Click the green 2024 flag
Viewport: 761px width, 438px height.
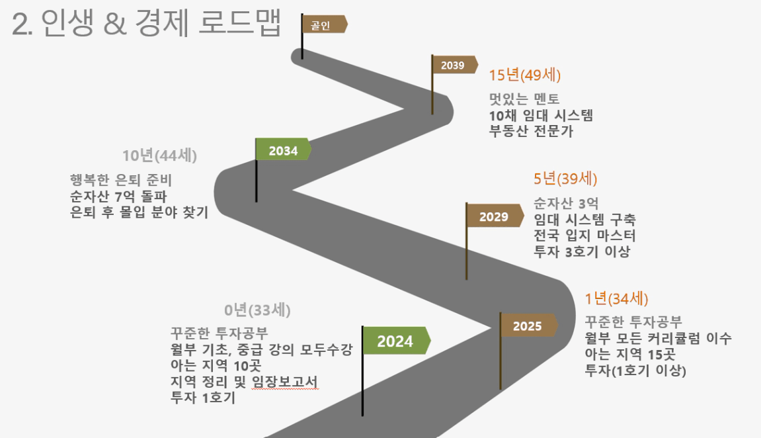click(395, 340)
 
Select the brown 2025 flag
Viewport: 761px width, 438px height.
click(528, 326)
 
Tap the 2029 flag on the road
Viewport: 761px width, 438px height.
click(494, 216)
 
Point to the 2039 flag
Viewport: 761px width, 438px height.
click(454, 65)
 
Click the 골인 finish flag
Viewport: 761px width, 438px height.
click(324, 24)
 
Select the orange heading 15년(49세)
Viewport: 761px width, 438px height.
click(525, 75)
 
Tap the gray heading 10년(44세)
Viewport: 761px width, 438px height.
click(160, 155)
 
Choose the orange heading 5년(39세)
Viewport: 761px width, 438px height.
click(565, 179)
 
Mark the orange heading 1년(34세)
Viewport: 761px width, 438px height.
click(616, 298)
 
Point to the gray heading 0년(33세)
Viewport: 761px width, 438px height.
click(257, 310)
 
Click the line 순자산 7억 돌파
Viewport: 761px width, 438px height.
click(118, 197)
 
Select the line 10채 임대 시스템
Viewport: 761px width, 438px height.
click(541, 116)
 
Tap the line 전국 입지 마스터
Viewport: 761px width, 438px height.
click(585, 236)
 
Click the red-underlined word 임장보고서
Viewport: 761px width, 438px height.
click(285, 382)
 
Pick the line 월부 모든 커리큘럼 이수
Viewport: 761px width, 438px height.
click(658, 339)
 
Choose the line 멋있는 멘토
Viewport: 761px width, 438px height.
click(524, 99)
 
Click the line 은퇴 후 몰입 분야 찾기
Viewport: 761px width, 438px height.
click(140, 212)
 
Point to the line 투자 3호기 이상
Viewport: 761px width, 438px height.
click(582, 251)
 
